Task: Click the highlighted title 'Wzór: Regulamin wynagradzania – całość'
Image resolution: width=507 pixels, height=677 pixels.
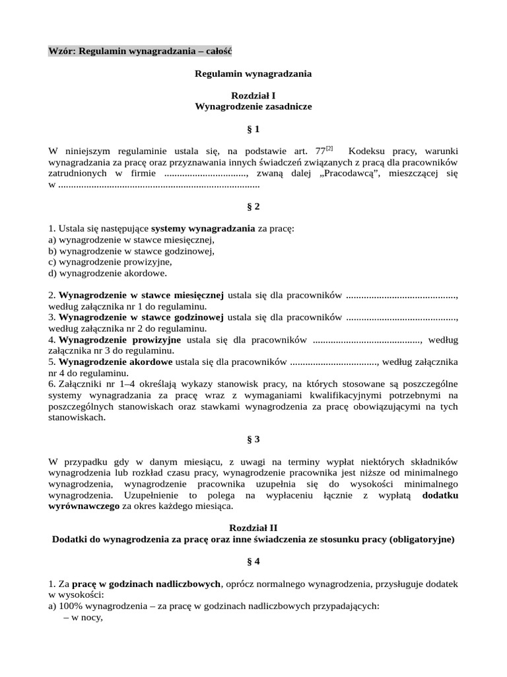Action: tap(140, 51)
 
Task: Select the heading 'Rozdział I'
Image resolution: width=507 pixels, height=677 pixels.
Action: tap(253, 95)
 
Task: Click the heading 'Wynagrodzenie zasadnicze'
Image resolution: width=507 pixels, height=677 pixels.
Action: tap(253, 106)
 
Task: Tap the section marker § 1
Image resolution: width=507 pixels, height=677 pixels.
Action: tap(253, 129)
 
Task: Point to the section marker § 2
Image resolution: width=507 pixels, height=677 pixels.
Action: tap(253, 206)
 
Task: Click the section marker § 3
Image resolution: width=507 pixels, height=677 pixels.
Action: tap(253, 438)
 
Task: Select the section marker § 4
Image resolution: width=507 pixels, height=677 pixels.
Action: tap(253, 561)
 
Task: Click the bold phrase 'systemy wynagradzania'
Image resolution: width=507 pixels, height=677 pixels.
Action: tap(203, 229)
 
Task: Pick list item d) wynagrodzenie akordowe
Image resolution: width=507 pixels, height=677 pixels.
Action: tap(108, 272)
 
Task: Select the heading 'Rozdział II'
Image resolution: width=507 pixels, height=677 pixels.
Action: tap(253, 528)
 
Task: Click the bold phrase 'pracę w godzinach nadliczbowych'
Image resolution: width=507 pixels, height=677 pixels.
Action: tap(147, 584)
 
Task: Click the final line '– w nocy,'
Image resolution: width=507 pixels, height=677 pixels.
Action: tap(83, 617)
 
